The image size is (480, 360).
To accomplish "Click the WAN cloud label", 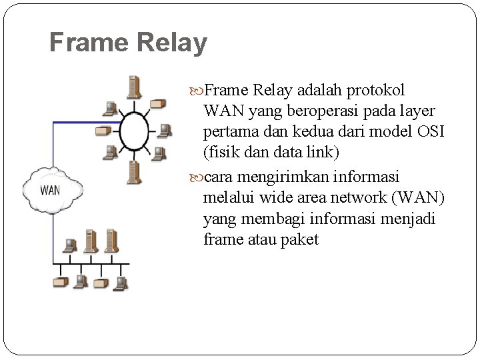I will click(x=50, y=190).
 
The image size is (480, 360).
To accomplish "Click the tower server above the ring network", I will click(x=135, y=87).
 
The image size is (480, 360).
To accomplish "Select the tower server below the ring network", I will click(x=134, y=172).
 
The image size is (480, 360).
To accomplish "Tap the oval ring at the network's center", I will click(x=134, y=131).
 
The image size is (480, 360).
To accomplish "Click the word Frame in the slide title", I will click(x=87, y=43).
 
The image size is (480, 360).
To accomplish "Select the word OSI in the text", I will click(x=430, y=131).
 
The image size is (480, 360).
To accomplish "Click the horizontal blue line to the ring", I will click(x=87, y=122).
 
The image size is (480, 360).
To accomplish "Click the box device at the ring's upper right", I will click(x=157, y=104).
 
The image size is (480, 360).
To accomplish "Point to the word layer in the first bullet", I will click(x=415, y=111).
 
